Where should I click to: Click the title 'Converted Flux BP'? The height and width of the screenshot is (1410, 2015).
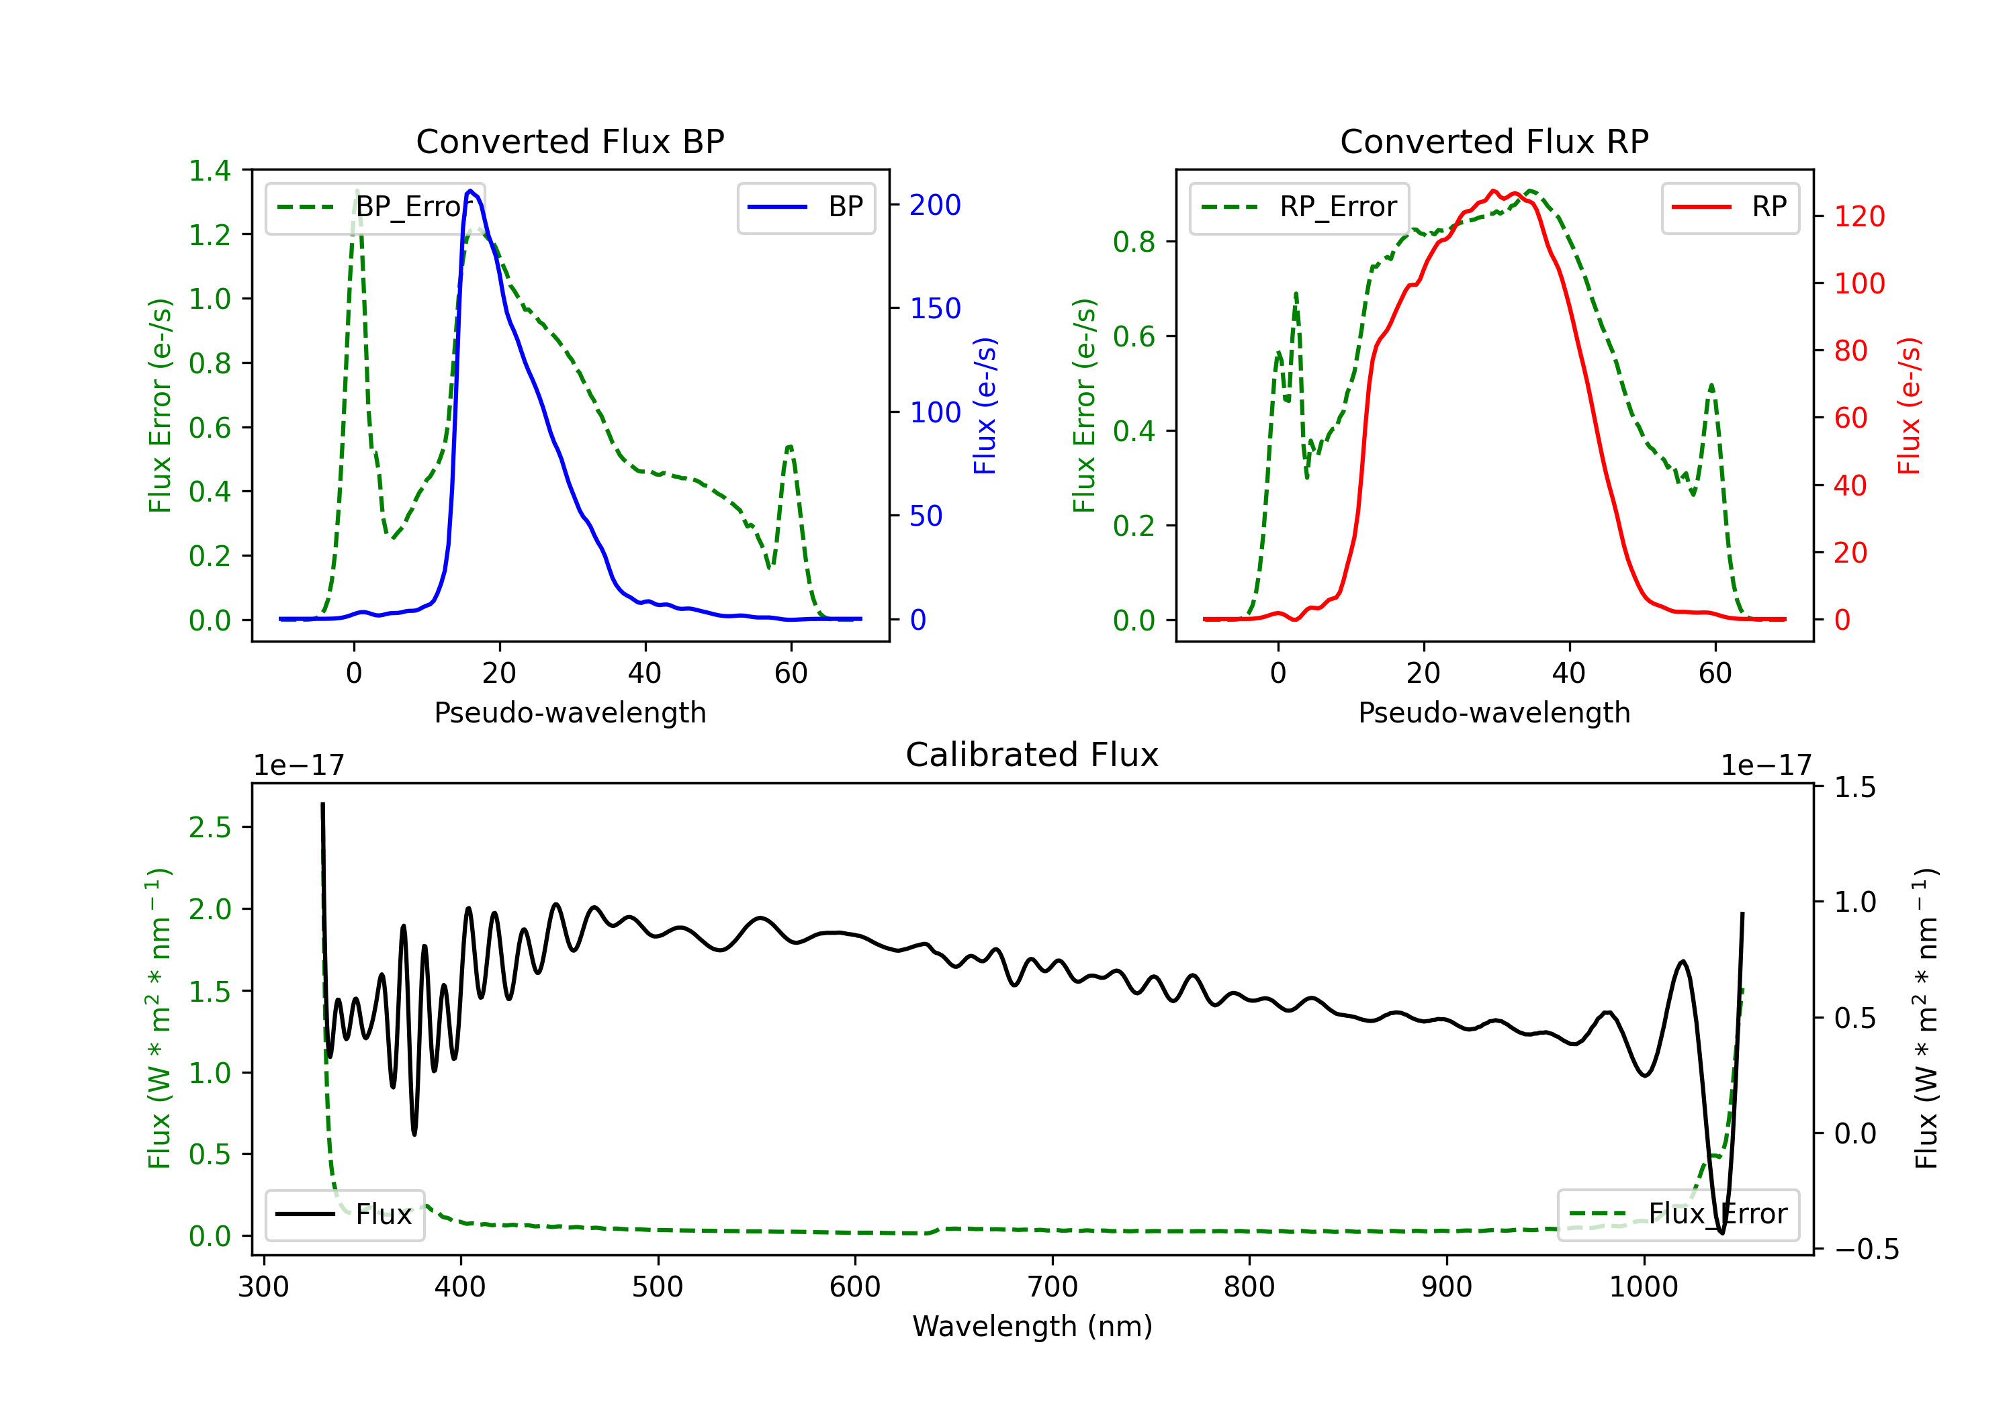click(x=570, y=141)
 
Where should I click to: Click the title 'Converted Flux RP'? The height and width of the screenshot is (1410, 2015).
click(x=1494, y=141)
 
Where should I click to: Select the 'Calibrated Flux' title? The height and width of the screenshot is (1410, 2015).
click(x=1032, y=755)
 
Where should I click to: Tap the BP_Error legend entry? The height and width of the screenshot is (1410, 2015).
click(x=375, y=207)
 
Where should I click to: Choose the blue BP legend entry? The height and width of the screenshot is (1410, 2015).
click(x=805, y=207)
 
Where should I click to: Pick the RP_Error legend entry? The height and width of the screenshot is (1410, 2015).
click(x=1299, y=207)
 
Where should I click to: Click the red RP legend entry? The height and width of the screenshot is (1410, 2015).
click(x=1730, y=207)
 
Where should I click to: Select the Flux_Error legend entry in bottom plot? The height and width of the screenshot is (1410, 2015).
click(x=1678, y=1215)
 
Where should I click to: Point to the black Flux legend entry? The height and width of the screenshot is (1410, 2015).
click(x=344, y=1215)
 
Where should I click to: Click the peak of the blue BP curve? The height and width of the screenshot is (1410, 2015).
click(x=470, y=191)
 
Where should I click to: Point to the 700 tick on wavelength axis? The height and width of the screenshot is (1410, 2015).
click(x=1053, y=1287)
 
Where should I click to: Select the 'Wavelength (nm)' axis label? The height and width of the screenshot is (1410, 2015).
click(x=1032, y=1326)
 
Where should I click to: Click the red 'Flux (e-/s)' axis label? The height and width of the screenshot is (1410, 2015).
click(x=1909, y=406)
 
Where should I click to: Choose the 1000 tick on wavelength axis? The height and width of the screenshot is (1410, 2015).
click(x=1644, y=1287)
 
